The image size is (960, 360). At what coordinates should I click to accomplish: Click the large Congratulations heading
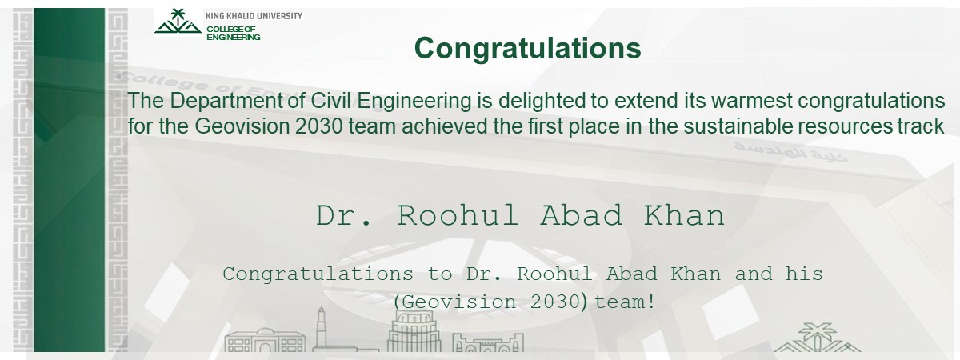[527, 49]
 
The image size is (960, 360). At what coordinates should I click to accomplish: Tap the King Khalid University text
[254, 16]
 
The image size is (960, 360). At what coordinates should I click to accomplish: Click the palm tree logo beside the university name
[178, 22]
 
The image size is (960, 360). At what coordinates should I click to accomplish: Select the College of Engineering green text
[234, 33]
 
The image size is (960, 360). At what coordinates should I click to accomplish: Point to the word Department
[238, 102]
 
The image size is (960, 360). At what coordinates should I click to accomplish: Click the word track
[921, 126]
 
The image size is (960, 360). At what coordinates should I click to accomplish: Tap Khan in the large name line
[685, 215]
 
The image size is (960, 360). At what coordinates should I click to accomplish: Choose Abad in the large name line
[581, 215]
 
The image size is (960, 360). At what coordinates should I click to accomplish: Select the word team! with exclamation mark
[625, 302]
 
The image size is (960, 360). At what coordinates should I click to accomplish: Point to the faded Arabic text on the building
[790, 152]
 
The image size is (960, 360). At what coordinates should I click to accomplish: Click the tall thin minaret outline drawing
[321, 328]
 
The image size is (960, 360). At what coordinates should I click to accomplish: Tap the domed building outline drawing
[265, 341]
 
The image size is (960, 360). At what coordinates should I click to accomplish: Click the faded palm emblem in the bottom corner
[817, 338]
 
